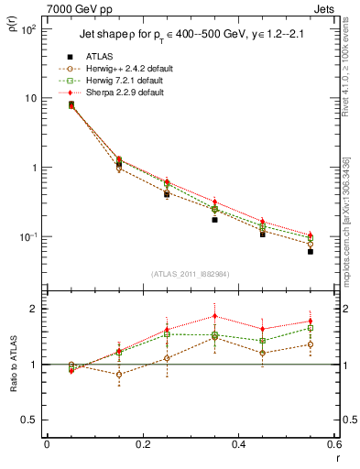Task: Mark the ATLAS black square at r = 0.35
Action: pyautogui.click(x=214, y=220)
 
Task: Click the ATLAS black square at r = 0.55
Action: pyautogui.click(x=311, y=251)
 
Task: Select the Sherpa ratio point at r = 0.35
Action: pyautogui.click(x=214, y=316)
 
